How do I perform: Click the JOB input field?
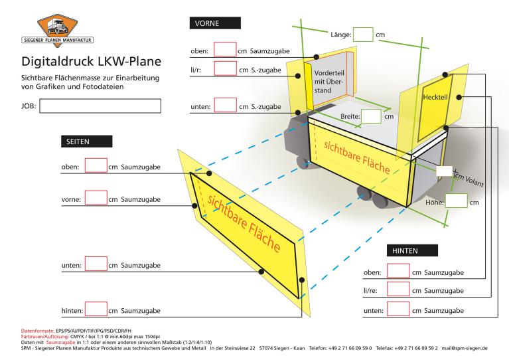point(100,106)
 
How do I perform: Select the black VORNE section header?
point(214,23)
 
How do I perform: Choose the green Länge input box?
point(363,35)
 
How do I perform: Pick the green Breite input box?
point(372,116)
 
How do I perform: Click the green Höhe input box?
point(456,201)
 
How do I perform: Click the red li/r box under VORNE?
point(226,69)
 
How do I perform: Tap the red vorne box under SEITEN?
point(96,197)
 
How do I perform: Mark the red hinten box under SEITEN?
point(96,309)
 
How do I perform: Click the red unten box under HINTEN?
point(398,309)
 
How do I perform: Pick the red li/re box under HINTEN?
point(398,290)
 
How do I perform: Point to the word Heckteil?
point(436,98)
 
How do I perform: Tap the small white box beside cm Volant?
point(444,171)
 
